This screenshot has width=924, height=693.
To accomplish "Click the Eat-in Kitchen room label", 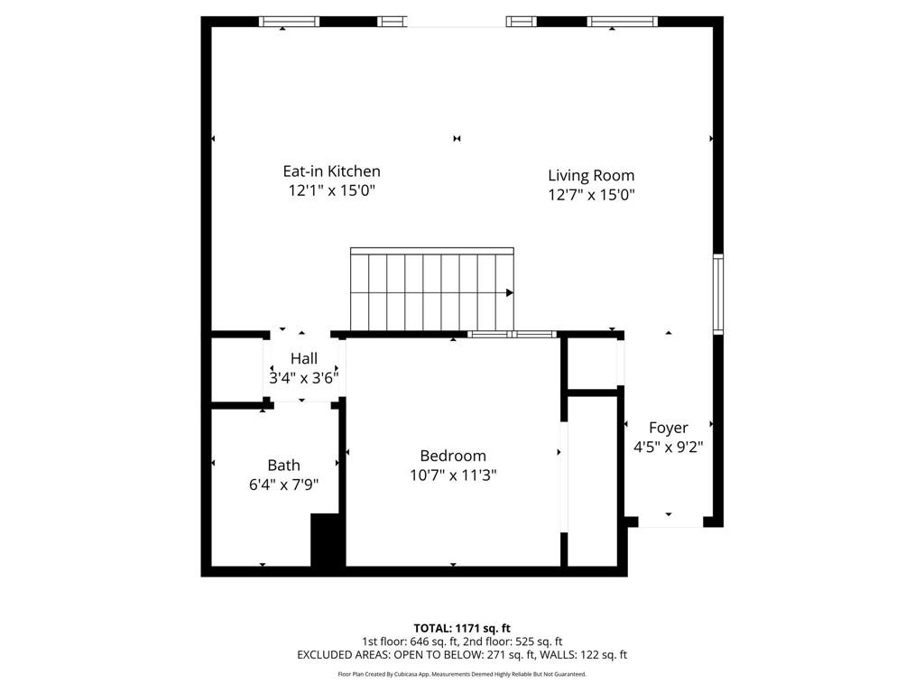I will pos(331,171).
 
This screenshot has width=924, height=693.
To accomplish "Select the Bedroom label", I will pos(452,456).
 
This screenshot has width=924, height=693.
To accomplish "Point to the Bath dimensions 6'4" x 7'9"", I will pos(283,485).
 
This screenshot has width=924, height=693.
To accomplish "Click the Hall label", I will pos(303,358).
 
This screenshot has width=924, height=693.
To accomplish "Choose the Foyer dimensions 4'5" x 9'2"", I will pos(668,447).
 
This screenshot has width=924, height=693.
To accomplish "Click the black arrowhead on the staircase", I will pos(510,292).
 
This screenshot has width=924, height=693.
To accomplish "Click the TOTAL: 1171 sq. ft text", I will pos(462,628).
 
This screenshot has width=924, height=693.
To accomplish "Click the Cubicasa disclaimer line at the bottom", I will pos(462,674).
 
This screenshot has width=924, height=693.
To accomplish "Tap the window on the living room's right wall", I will pos(718,294).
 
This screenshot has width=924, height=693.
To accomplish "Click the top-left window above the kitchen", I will pos(289,22).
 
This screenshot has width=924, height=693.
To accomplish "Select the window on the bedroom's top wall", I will pos(512,335).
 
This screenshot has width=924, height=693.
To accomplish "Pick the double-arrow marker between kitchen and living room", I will pos(457,138).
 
